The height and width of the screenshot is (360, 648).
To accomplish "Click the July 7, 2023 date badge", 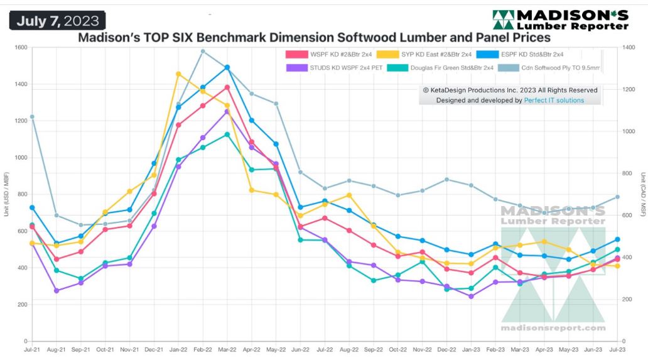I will click(x=57, y=21).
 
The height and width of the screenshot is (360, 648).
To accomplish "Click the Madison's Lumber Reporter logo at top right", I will click(x=560, y=20).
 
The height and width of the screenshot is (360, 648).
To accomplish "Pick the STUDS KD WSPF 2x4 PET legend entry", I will click(x=335, y=67).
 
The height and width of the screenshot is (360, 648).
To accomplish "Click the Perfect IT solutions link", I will click(x=554, y=100).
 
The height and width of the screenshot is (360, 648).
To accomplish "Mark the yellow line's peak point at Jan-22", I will click(x=178, y=74).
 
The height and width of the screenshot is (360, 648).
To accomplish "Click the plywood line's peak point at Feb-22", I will click(x=203, y=52).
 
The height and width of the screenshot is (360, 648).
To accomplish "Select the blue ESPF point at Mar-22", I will click(x=227, y=67).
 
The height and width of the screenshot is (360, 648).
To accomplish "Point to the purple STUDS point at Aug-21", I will click(x=57, y=291).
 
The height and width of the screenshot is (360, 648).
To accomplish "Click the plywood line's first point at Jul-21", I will click(x=32, y=117).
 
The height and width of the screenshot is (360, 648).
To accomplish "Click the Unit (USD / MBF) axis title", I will click(x=7, y=195).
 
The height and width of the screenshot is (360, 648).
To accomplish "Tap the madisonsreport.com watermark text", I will click(x=553, y=328).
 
